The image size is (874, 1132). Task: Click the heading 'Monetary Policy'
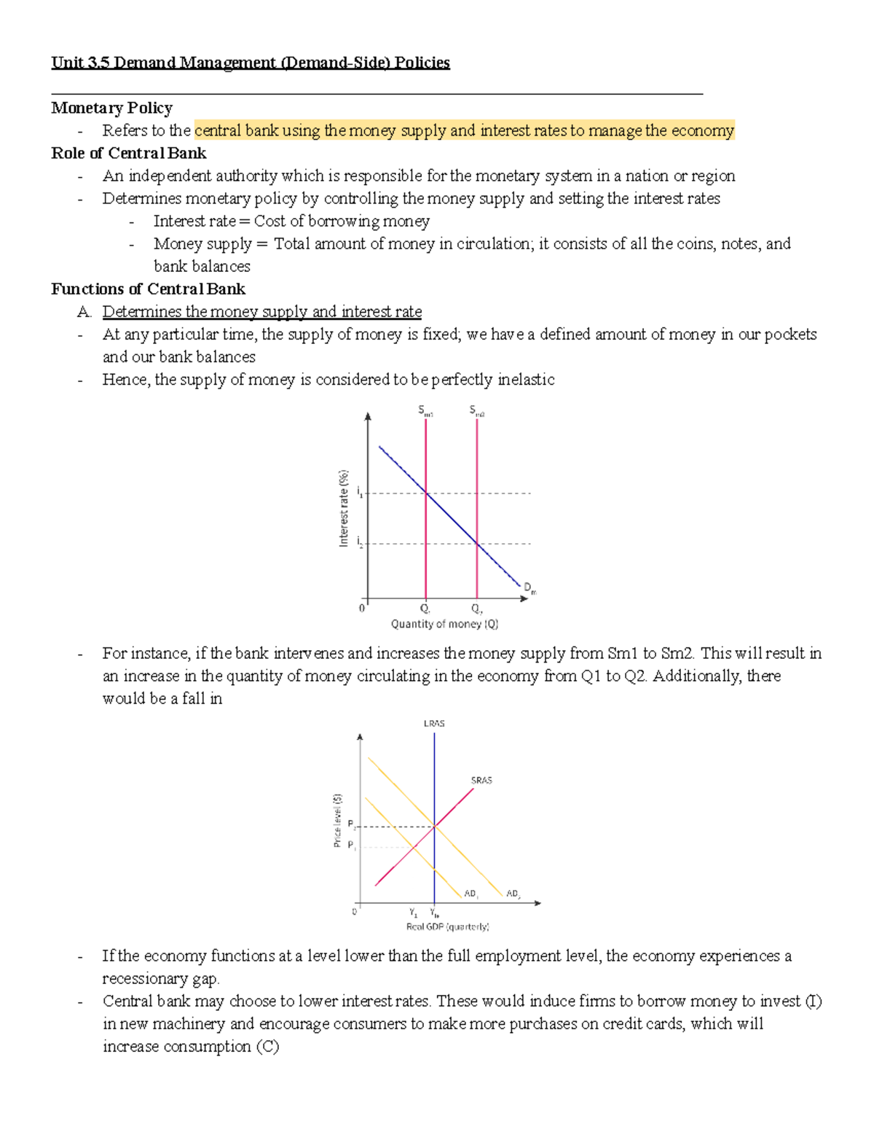tap(111, 108)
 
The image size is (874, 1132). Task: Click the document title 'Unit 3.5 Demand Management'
tap(250, 63)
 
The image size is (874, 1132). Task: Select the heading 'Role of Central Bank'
tap(128, 153)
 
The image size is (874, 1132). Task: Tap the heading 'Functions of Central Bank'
tap(148, 289)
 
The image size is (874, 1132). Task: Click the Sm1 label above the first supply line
tap(425, 411)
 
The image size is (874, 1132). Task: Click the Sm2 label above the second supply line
tap(476, 411)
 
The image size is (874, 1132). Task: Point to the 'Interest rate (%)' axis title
tap(343, 508)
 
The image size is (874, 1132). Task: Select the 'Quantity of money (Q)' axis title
tap(444, 624)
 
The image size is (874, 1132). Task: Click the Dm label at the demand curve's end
tap(529, 588)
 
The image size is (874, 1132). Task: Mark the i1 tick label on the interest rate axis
tap(360, 493)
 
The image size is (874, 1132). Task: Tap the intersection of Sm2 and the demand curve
tap(477, 543)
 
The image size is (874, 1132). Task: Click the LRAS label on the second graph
tap(434, 724)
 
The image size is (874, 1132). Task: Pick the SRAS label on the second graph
tap(481, 780)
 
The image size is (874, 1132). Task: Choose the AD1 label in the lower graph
tap(471, 894)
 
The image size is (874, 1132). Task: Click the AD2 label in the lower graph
tap(513, 894)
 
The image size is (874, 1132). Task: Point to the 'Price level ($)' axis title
tap(337, 820)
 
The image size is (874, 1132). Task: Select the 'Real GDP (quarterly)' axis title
tap(447, 926)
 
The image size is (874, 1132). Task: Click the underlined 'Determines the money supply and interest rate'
tap(262, 311)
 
